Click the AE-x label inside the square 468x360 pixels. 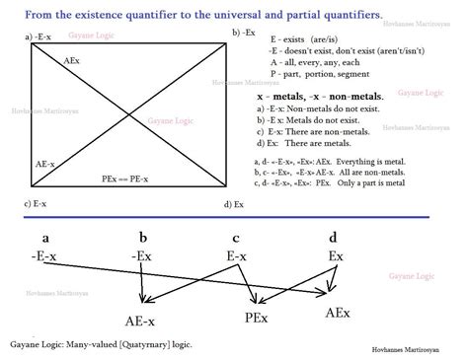pyautogui.click(x=45, y=163)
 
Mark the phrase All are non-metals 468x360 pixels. pyautogui.click(x=386, y=172)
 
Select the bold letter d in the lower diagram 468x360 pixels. pyautogui.click(x=333, y=238)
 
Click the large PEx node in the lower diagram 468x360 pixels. pyautogui.click(x=260, y=318)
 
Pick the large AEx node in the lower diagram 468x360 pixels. pyautogui.click(x=342, y=312)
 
